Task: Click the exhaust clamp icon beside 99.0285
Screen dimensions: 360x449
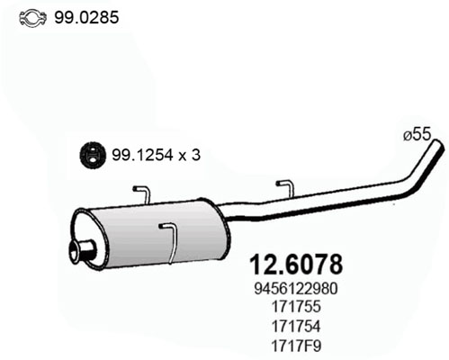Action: (x=31, y=16)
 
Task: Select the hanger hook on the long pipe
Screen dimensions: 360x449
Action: (x=283, y=186)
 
